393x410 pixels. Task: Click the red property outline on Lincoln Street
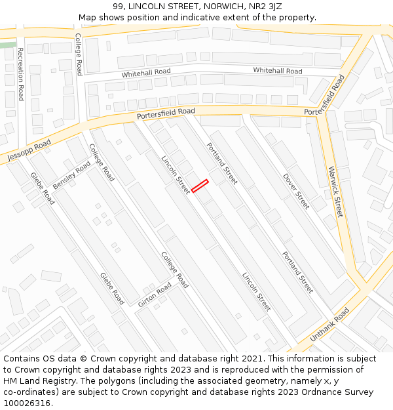click(200, 186)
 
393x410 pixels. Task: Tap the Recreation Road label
click(20, 73)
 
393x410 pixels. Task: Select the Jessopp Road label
click(29, 151)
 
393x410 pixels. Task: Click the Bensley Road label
click(71, 176)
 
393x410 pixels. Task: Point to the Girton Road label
click(155, 295)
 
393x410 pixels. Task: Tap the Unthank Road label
click(329, 324)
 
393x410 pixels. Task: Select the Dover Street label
click(296, 191)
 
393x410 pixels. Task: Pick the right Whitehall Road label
click(278, 70)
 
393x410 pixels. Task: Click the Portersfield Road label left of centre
click(166, 114)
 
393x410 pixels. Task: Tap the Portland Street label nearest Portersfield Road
click(222, 163)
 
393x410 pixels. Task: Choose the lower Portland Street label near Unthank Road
click(297, 272)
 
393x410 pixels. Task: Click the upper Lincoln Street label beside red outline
click(176, 174)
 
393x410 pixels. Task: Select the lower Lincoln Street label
click(256, 291)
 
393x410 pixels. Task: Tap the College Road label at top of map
click(78, 54)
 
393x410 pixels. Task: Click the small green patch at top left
click(8, 45)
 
